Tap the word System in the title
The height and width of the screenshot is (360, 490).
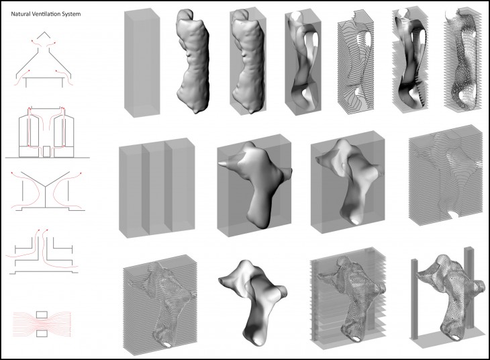point(72,14)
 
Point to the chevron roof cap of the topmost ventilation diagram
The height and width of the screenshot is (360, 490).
point(44,35)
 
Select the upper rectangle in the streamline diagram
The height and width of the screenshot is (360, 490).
point(42,314)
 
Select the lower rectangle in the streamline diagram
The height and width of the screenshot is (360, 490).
point(42,333)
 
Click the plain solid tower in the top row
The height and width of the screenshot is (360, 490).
point(142,62)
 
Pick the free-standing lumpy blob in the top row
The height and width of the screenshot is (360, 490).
point(193,61)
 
